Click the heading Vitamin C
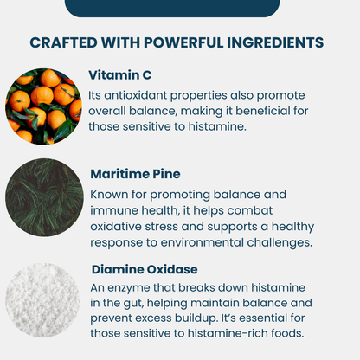click(x=120, y=74)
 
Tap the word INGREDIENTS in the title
click(x=279, y=42)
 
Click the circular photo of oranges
click(x=44, y=105)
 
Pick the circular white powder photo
click(x=44, y=299)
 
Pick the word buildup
click(x=202, y=319)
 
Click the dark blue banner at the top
click(x=172, y=7)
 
